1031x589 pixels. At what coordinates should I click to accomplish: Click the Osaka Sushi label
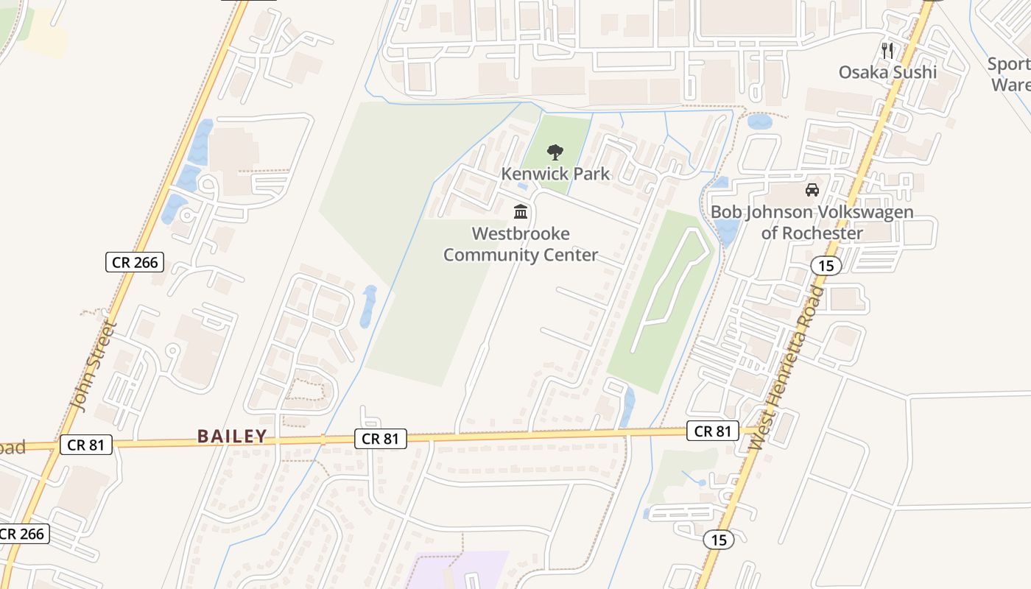point(887,72)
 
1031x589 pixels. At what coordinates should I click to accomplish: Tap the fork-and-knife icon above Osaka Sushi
point(887,51)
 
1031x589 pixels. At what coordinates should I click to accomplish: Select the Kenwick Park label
point(555,174)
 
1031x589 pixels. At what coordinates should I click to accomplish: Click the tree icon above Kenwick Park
point(555,152)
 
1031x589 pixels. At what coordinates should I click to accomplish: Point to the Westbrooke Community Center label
point(521,244)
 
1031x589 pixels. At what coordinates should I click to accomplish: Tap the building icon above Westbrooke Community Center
point(521,212)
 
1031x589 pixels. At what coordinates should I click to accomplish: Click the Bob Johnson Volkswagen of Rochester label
point(812,222)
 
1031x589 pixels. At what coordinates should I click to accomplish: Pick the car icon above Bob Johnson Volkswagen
point(812,190)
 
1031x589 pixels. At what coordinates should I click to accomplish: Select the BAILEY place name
point(232,437)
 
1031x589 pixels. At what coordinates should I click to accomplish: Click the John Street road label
point(92,366)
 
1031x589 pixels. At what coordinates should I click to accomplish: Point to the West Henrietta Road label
point(787,367)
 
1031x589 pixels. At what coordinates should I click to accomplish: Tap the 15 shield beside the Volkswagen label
point(827,265)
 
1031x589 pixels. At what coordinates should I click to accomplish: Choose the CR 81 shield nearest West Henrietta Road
point(712,431)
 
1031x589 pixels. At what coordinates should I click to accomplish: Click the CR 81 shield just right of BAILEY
point(380,439)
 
